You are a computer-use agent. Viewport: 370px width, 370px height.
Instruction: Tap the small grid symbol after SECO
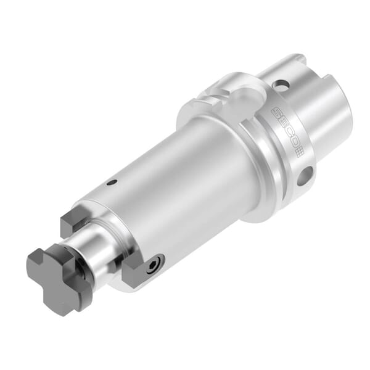point(297,150)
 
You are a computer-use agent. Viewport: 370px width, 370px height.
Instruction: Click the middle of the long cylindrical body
point(179,185)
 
